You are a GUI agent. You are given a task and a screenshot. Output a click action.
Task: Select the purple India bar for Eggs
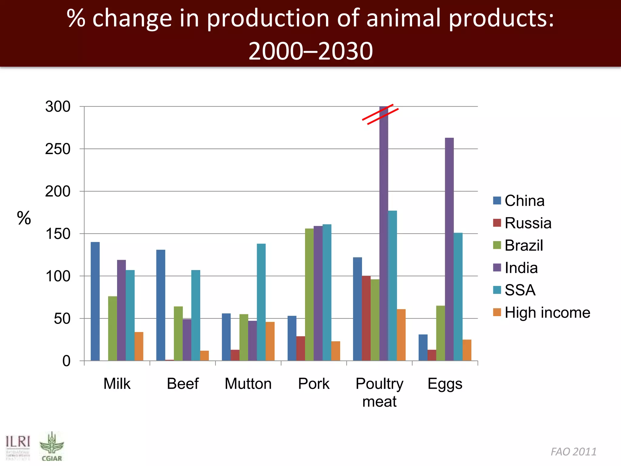[x=449, y=249]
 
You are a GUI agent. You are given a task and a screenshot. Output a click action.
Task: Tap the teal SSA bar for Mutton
[x=261, y=302]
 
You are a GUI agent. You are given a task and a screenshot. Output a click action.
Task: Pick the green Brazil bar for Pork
[x=309, y=295]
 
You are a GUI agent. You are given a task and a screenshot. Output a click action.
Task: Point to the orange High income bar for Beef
[x=204, y=356]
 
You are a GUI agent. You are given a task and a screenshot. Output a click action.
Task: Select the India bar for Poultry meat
[x=384, y=233]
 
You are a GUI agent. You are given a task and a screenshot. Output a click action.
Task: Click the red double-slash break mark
[x=380, y=114]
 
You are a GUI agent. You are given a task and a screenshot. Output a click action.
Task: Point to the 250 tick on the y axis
[x=58, y=149]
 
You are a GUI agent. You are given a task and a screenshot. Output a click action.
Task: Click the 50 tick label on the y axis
[x=62, y=319]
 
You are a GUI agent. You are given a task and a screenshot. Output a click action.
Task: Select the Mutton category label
[x=248, y=383]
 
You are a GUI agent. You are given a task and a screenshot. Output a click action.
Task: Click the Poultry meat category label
[x=379, y=392]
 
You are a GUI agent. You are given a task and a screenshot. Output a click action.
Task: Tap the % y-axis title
[x=24, y=218]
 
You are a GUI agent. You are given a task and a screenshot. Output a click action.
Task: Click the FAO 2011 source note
[x=573, y=451]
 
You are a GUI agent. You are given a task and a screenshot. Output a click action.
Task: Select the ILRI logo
[x=18, y=447]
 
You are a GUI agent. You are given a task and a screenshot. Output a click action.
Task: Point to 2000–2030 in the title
[x=310, y=51]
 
